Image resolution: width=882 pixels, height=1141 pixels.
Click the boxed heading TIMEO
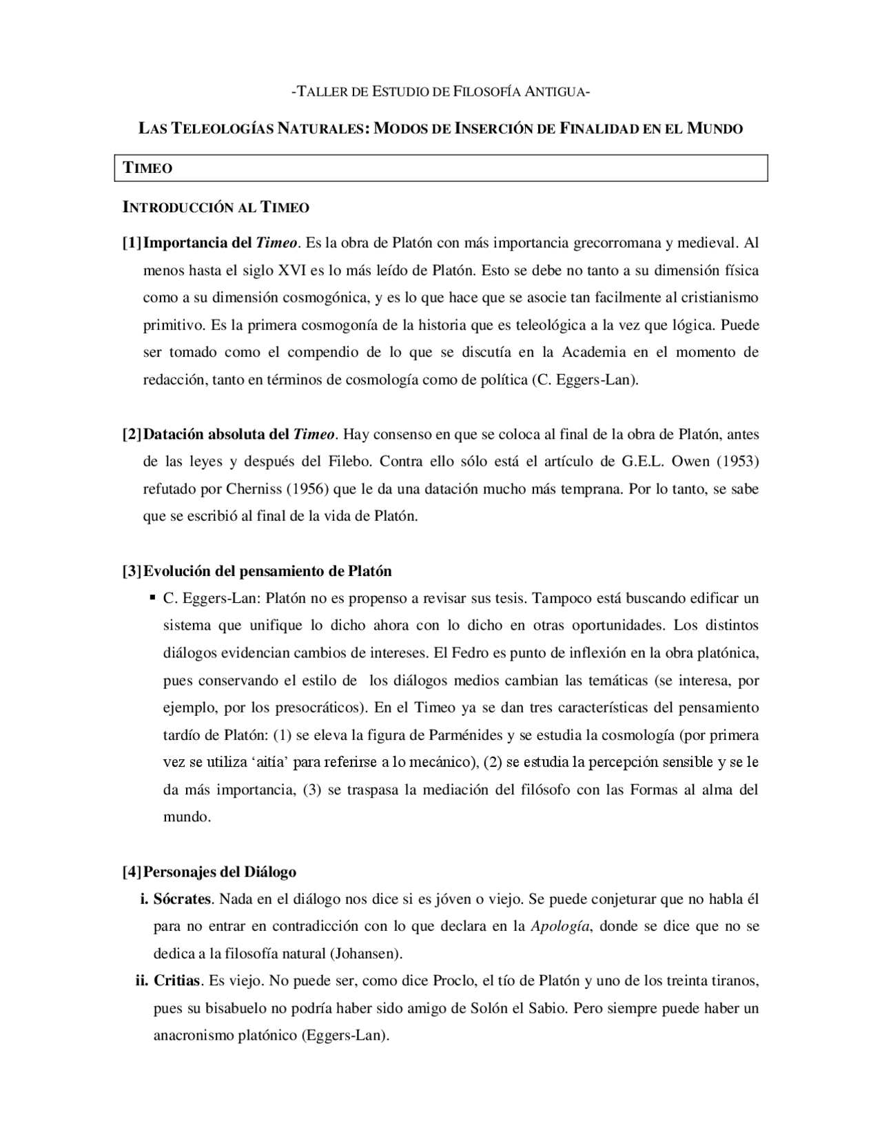point(147,168)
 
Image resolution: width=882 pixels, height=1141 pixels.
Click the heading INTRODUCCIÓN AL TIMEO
point(215,207)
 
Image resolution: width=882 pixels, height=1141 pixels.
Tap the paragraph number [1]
point(132,243)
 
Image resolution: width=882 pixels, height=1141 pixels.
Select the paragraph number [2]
point(132,435)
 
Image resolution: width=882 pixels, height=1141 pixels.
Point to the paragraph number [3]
point(132,571)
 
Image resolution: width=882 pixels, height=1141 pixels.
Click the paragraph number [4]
point(132,872)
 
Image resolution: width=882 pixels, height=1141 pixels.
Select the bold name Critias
point(176,981)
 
